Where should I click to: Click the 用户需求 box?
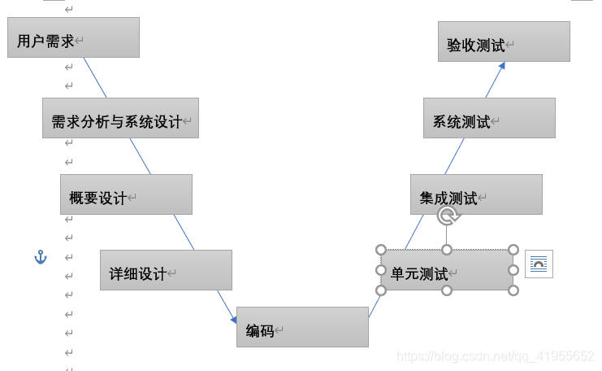point(73,37)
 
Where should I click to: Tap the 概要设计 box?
point(126,194)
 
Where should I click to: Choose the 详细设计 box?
point(166,270)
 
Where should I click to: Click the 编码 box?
point(302,327)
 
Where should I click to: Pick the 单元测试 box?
point(446,270)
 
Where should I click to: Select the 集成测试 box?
point(476,194)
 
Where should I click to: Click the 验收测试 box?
point(504,41)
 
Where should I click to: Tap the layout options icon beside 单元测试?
point(539,264)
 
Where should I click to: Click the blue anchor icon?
point(41,257)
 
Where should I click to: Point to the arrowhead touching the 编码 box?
point(232,318)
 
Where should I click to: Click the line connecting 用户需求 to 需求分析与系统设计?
point(95,78)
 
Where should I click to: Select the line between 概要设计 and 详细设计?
point(184,233)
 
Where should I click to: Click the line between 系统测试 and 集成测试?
point(454,156)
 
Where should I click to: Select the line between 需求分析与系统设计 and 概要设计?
point(140,156)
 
